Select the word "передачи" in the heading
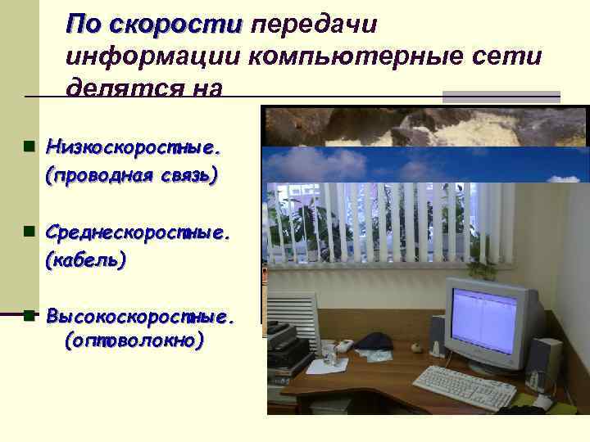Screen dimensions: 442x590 pos(314,25)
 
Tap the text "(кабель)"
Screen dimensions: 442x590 pos(86,261)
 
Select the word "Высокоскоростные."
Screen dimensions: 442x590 pos(140,315)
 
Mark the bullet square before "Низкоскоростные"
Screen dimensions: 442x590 pos(29,148)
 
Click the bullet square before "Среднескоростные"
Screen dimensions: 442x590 pos(29,232)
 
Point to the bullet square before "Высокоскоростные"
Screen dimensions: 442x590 pos(29,314)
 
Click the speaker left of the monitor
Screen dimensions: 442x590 pos(438,335)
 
